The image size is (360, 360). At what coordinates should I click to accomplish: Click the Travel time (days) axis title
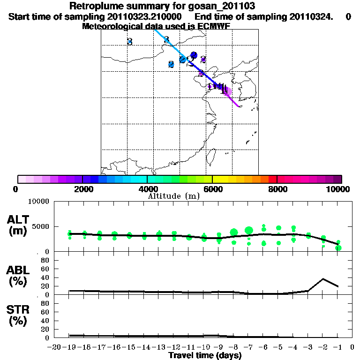205,356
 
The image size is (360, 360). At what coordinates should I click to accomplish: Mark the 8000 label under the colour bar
277,189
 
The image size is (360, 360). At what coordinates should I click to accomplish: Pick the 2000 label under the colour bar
82,189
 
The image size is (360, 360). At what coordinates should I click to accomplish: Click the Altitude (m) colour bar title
173,196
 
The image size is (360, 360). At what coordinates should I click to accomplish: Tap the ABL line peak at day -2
323,279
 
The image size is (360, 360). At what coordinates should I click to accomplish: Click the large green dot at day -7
249,230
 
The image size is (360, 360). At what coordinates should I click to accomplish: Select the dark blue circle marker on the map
194,55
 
